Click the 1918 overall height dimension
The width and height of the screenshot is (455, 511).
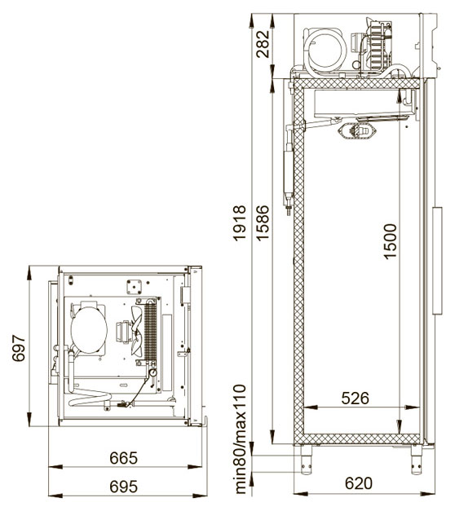[240, 223]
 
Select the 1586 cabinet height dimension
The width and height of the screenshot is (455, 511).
[263, 223]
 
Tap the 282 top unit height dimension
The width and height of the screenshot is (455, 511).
[263, 44]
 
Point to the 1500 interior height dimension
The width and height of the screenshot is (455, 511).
[390, 241]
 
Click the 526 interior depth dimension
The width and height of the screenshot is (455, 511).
[356, 399]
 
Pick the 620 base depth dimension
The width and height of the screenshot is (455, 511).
[359, 483]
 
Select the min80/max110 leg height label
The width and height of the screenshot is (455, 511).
[240, 439]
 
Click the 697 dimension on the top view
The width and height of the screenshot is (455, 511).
[19, 348]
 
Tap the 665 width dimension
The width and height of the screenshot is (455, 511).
[124, 458]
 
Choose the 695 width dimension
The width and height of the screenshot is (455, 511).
[124, 487]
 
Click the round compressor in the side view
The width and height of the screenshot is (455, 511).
[326, 51]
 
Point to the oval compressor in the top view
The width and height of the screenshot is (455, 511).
[89, 329]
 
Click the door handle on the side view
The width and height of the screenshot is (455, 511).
[437, 260]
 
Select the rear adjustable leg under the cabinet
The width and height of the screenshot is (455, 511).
[306, 460]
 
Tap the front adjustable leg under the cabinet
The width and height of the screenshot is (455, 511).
[416, 460]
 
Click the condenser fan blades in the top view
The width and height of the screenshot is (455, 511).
[137, 331]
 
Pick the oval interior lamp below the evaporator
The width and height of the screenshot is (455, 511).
[357, 131]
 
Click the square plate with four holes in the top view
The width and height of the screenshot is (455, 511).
[134, 287]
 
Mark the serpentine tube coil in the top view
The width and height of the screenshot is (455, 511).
[90, 397]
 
